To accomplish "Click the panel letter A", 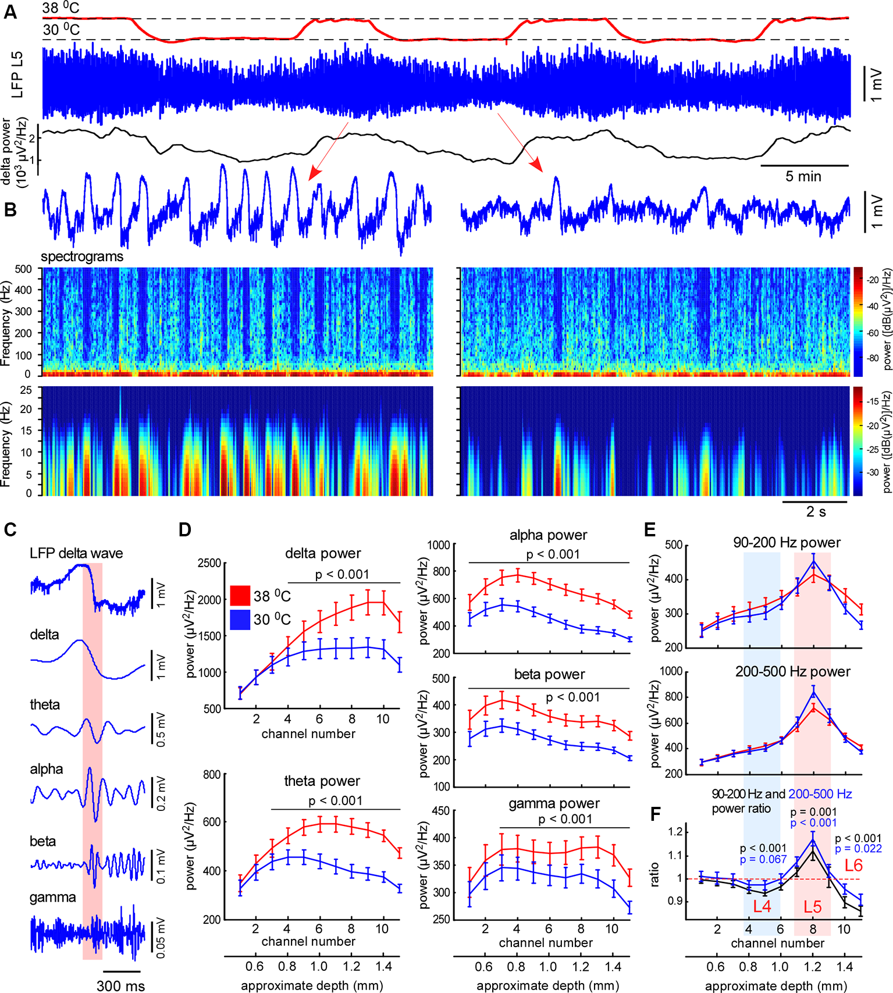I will [10, 12].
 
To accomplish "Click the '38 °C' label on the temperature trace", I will [61, 8].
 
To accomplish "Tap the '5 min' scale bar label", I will [803, 176].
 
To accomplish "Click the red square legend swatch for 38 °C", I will [240, 596].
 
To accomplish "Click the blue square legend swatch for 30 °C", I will [240, 619].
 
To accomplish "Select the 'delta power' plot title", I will [323, 553].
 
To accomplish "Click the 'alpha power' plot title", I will [548, 535].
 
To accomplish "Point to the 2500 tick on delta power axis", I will [209, 563].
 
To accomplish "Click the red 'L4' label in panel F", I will [762, 906].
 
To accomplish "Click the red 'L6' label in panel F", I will [853, 865].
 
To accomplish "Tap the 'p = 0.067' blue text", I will [763, 859].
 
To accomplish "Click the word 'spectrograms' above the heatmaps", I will [82, 257].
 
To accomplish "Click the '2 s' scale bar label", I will [816, 512].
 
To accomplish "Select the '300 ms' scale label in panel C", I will [121, 985].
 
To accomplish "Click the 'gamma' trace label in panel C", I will [52, 897].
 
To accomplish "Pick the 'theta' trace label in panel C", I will [45, 704].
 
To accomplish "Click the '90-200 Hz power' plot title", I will [787, 543].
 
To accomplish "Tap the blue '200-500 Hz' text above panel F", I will [820, 794].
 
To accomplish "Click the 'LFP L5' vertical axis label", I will [17, 74].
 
